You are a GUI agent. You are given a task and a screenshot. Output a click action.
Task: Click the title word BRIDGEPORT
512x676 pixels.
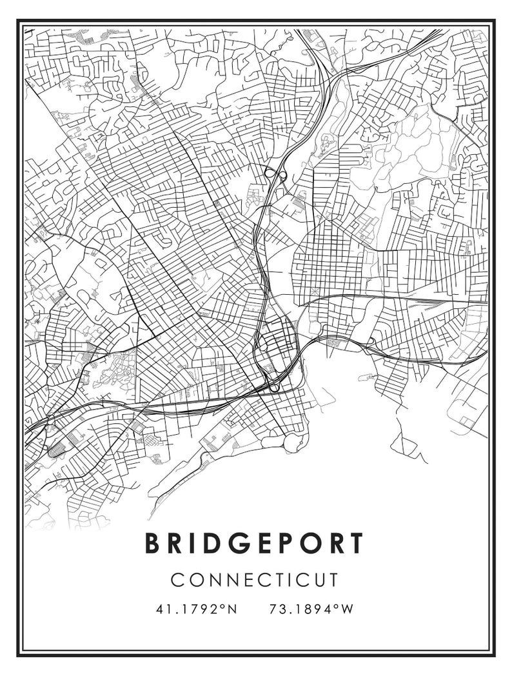click(x=255, y=543)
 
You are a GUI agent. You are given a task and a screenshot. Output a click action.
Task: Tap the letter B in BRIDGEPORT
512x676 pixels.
click(x=153, y=543)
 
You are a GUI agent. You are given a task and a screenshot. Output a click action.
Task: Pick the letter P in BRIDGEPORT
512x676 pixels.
click(x=292, y=543)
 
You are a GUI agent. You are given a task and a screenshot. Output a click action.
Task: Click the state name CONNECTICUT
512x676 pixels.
click(x=255, y=579)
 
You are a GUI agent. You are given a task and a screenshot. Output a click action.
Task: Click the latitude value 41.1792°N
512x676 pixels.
click(x=196, y=609)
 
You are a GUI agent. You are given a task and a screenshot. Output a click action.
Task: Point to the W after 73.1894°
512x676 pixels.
click(x=348, y=609)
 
